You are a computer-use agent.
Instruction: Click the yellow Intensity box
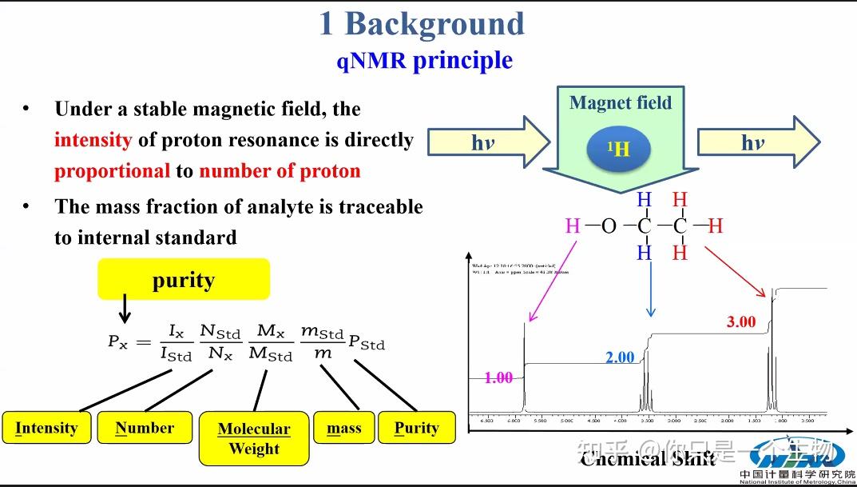pos(46,428)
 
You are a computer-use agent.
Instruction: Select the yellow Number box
pos(145,428)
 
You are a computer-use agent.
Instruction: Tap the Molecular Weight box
pos(254,438)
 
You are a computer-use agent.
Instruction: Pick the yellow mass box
pos(344,428)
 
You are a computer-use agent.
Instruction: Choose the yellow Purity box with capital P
pos(416,428)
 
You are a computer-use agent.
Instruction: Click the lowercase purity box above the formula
pos(184,281)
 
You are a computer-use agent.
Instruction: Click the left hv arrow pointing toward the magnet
pos(487,143)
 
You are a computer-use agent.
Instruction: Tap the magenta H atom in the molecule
pos(572,226)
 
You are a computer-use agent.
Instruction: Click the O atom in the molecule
pos(609,226)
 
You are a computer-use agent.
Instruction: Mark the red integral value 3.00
pos(740,321)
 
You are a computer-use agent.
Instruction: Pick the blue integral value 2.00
pos(620,357)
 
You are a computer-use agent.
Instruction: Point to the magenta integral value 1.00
pos(498,377)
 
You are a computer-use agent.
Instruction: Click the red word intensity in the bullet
pos(93,140)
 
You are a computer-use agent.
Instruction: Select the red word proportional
pos(112,171)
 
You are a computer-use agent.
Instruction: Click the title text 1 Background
pos(422,24)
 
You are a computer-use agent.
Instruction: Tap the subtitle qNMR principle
pos(424,60)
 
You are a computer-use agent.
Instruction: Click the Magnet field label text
pos(621,103)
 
